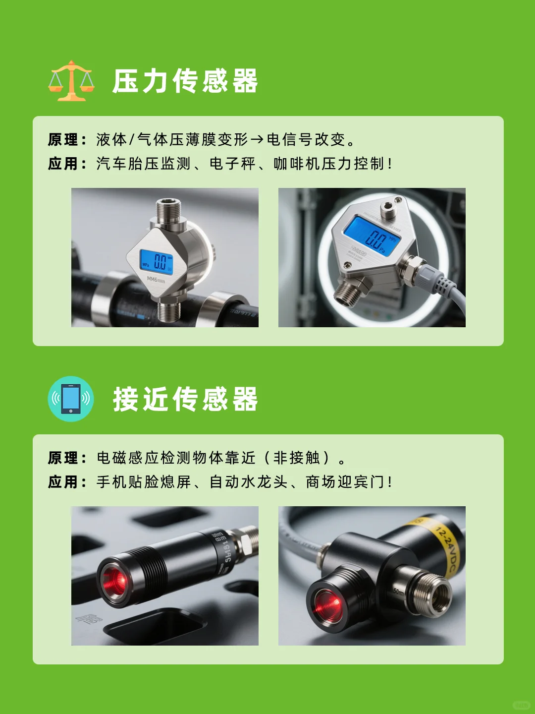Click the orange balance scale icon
[71, 81]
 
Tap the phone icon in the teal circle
[71, 399]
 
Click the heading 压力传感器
[185, 81]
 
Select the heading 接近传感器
[185, 399]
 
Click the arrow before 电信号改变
[257, 140]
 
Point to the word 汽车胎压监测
[143, 164]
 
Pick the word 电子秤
[232, 164]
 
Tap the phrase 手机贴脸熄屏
[143, 482]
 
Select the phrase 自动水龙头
[248, 482]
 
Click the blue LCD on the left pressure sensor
[157, 261]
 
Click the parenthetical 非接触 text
[297, 458]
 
